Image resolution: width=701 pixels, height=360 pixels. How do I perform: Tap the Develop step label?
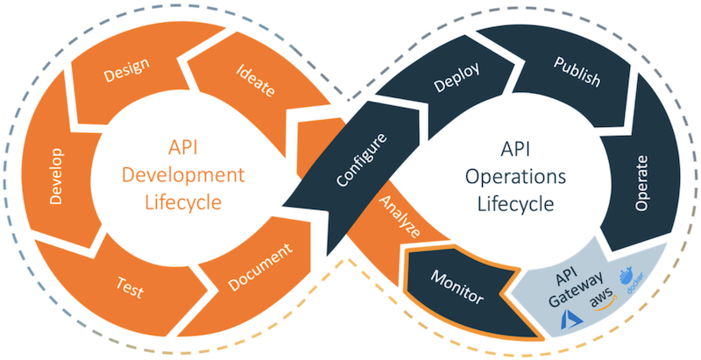pos(57,181)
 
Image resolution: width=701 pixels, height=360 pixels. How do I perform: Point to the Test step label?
pos(130,286)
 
